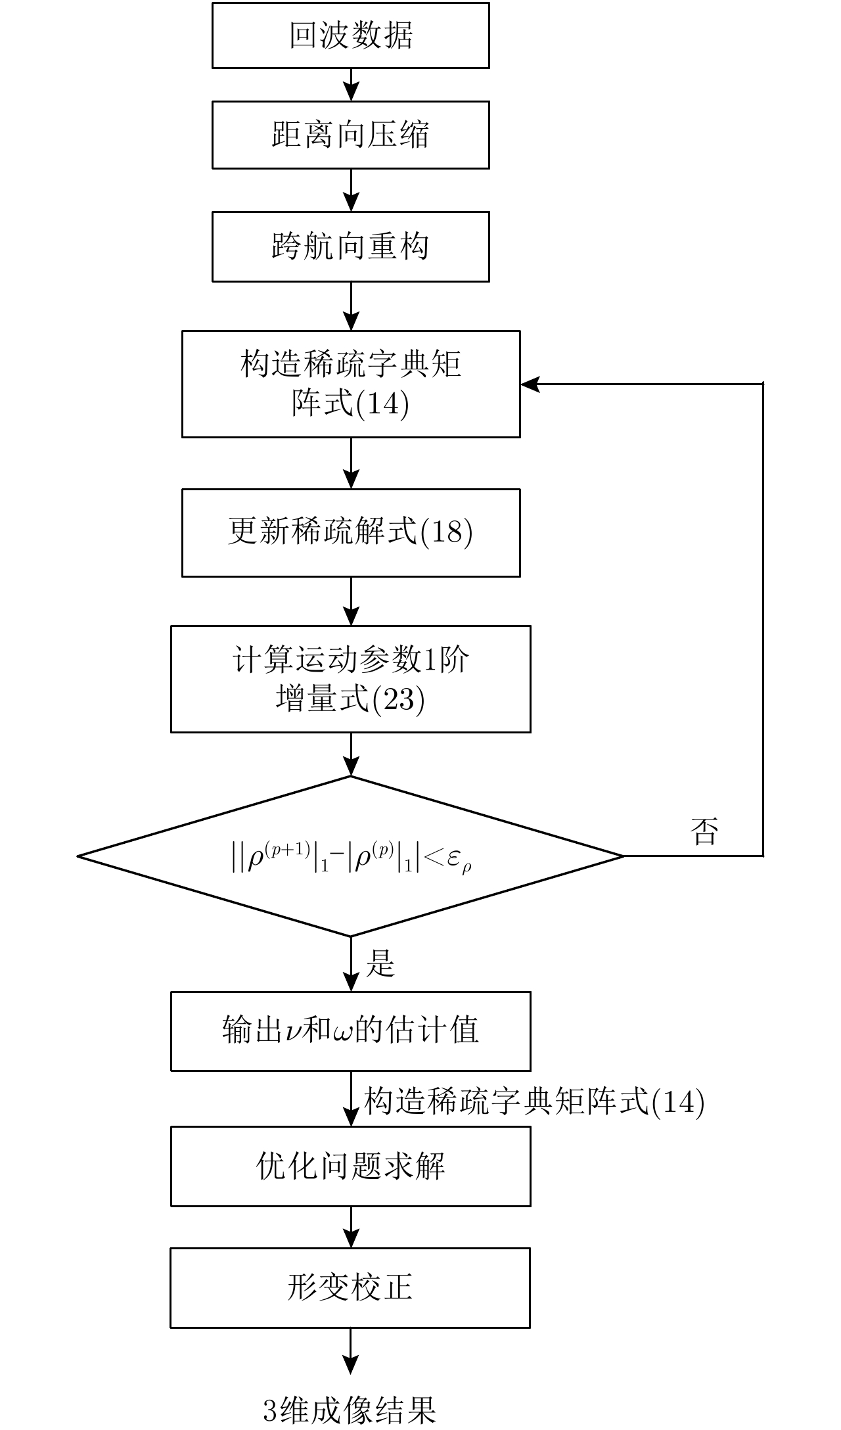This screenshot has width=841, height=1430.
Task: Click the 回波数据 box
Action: click(350, 35)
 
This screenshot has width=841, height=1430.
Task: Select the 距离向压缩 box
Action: click(350, 135)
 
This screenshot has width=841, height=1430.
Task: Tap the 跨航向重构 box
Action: click(350, 246)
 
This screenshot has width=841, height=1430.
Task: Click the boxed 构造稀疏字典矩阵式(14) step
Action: click(350, 384)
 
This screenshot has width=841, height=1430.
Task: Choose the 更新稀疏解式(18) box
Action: click(350, 532)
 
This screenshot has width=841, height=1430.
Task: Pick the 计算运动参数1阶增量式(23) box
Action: click(350, 679)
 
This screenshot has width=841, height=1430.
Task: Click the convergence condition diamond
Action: click(350, 856)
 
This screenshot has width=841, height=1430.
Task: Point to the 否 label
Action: click(704, 831)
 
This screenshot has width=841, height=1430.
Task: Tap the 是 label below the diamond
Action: click(380, 963)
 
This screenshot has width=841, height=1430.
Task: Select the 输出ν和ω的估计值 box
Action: click(350, 1030)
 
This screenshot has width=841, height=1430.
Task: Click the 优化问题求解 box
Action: click(350, 1166)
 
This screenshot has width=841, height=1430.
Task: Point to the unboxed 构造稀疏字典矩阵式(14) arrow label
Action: click(534, 1101)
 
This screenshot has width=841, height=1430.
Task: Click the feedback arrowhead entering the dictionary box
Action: click(530, 384)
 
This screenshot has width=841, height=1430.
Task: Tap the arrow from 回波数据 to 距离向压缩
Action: click(352, 85)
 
